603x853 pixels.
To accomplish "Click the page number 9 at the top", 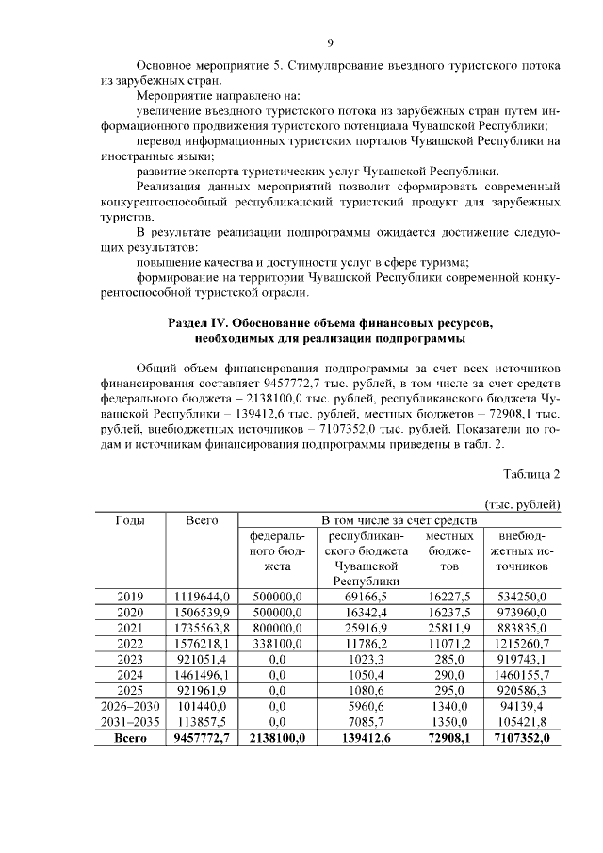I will pos(330,42).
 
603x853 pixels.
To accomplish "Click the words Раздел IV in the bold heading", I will pos(203,322).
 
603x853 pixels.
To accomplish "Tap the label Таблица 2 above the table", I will pos(532,473).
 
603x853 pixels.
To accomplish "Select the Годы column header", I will pos(130,519).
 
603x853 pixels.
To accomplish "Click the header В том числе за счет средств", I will pos(399,519).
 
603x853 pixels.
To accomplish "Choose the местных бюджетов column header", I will pos(449,550).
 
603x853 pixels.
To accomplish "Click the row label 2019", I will pos(130,597).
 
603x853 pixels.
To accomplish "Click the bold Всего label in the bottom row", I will pos(130,739).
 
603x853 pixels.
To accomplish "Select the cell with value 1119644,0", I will pos(202,597).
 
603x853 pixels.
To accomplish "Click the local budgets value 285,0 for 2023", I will pos(449,660).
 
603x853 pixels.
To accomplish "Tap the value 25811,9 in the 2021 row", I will pos(449,628).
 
